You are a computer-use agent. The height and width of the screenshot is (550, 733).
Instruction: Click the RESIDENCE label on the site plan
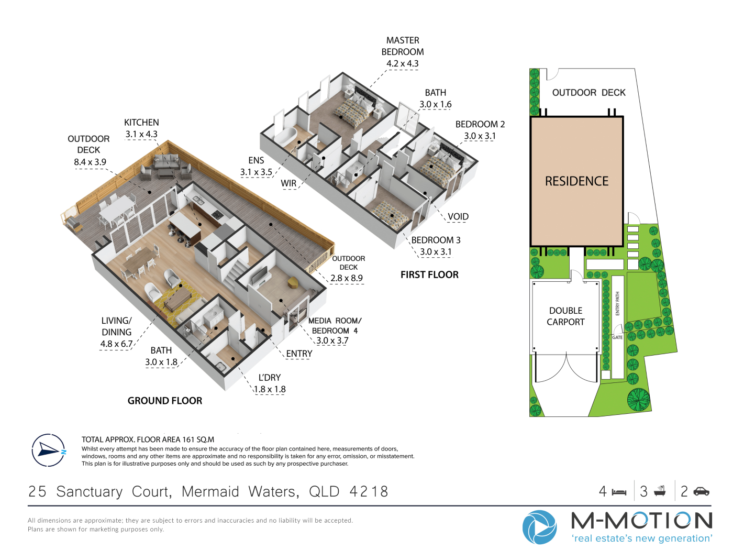click(576, 181)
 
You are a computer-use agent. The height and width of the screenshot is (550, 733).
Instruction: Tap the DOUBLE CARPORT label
click(565, 316)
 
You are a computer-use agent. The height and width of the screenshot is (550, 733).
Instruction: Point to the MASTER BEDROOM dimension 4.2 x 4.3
click(403, 63)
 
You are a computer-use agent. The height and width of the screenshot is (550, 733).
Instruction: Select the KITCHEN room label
click(141, 123)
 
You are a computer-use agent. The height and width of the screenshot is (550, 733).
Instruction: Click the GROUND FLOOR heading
click(164, 401)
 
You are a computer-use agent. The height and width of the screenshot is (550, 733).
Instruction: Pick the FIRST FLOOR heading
click(429, 275)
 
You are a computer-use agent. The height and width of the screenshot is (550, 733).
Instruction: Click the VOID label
click(458, 217)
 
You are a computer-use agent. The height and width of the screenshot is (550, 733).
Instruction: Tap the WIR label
click(288, 183)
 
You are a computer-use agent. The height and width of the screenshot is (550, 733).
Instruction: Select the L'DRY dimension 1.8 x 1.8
click(270, 389)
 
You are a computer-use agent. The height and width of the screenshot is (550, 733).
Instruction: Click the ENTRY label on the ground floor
click(299, 354)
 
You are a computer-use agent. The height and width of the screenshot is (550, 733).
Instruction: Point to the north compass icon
click(48, 450)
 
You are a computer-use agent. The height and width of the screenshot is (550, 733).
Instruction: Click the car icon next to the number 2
click(701, 491)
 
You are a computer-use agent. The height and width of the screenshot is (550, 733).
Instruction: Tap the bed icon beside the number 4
click(619, 492)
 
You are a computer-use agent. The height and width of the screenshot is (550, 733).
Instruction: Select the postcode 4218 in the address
click(369, 491)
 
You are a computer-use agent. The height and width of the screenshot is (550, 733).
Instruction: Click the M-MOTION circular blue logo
click(539, 527)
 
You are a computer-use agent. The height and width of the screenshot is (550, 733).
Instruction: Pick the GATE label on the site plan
click(617, 338)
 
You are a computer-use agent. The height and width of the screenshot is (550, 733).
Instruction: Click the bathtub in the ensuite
click(285, 136)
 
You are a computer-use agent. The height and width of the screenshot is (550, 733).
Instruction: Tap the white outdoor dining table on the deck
click(117, 207)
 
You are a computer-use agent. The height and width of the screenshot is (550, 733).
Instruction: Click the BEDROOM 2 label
click(480, 124)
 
